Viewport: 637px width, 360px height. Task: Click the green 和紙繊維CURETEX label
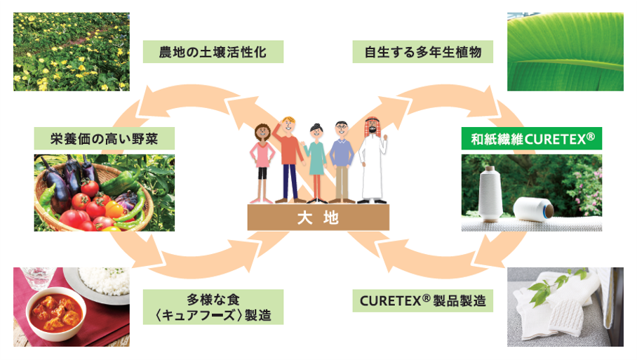532,139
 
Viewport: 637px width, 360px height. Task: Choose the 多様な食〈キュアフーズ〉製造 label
213,307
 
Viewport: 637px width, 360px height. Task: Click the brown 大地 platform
318,218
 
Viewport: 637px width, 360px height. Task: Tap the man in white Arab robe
373,161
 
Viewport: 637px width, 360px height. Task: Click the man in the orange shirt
290,156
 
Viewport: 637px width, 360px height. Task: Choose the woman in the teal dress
315,161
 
